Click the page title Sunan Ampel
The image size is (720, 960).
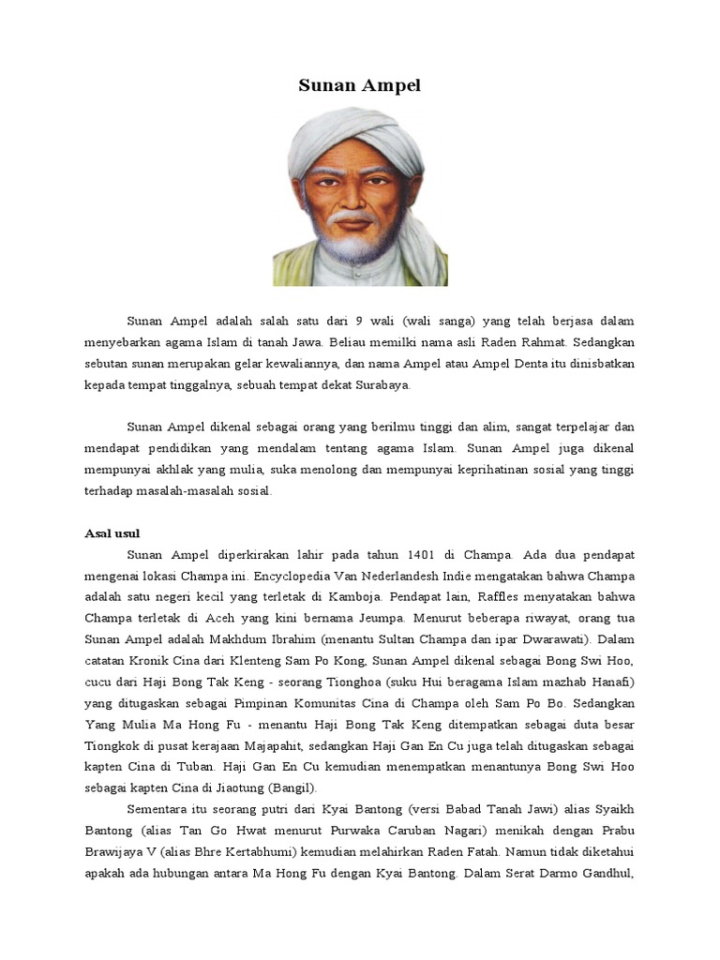[360, 86]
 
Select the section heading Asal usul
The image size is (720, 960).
[112, 533]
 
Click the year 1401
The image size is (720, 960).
[413, 556]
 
